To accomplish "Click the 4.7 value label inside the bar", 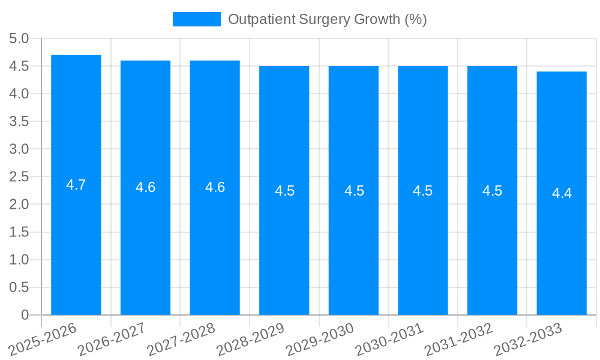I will pyautogui.click(x=76, y=185).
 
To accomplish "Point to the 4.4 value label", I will pyautogui.click(x=562, y=193).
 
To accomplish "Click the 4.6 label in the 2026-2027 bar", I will pyautogui.click(x=146, y=187).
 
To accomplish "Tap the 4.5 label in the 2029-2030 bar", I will pyautogui.click(x=354, y=191).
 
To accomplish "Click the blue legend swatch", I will pyautogui.click(x=196, y=19).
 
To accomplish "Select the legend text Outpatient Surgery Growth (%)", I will pyautogui.click(x=328, y=19).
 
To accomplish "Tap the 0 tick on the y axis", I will pyautogui.click(x=25, y=315).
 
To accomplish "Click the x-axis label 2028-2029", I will pyautogui.click(x=250, y=339).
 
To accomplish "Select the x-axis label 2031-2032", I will pyautogui.click(x=458, y=339).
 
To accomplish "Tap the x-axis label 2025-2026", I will pyautogui.click(x=43, y=339).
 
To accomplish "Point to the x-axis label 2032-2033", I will pyautogui.click(x=527, y=339).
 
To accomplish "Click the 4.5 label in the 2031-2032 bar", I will pyautogui.click(x=493, y=191).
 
